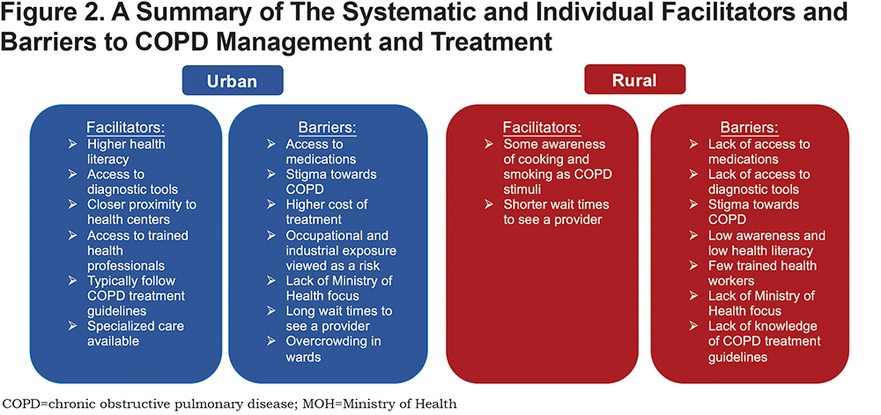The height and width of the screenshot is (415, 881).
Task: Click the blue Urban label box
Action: [x=232, y=80]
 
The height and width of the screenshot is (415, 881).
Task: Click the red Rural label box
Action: [x=635, y=80]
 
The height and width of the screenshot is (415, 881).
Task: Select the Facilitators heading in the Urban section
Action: [x=126, y=126]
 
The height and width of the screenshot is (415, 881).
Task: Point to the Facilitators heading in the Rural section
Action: [x=542, y=126]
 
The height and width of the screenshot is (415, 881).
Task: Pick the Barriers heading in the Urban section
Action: [x=328, y=126]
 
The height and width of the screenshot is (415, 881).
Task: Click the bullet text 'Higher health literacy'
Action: [x=126, y=152]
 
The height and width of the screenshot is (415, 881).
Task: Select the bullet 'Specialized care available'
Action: [x=136, y=334]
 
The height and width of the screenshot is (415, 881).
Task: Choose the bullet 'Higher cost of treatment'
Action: [x=327, y=211]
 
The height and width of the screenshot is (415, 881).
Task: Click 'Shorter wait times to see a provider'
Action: [x=556, y=211]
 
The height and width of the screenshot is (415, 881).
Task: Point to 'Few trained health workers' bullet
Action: [x=762, y=272]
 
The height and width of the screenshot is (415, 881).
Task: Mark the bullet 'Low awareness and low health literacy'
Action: [x=766, y=242]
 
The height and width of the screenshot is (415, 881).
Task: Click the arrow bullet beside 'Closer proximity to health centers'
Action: [x=73, y=204]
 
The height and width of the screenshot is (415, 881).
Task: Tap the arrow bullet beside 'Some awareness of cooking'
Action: [x=489, y=144]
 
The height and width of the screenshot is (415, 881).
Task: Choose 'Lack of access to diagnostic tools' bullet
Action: [x=759, y=182]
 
